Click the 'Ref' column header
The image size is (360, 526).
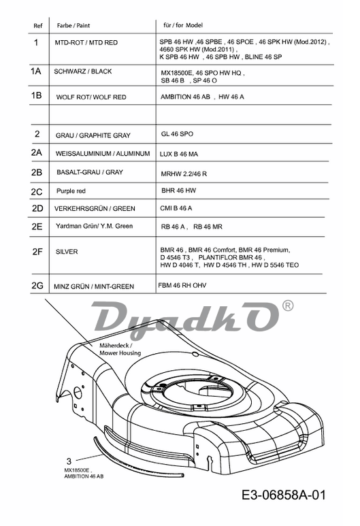(x=38, y=26)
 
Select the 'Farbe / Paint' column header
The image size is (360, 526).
(x=73, y=25)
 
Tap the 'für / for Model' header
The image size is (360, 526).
(x=183, y=25)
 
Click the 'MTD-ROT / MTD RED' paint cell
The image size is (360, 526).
(x=86, y=43)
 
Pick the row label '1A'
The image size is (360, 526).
(x=35, y=71)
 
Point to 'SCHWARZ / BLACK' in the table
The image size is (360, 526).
(x=83, y=71)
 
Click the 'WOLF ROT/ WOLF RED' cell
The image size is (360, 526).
(x=91, y=97)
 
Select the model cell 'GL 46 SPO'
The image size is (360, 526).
(x=177, y=134)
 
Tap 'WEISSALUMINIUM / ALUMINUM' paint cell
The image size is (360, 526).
(x=103, y=154)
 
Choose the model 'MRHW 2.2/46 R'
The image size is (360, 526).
(x=184, y=174)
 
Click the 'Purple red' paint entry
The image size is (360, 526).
(x=71, y=191)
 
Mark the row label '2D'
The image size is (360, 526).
(x=37, y=209)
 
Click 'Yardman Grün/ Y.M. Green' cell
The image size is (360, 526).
(x=95, y=226)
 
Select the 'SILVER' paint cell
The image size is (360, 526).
(x=67, y=252)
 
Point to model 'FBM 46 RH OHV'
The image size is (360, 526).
(x=182, y=286)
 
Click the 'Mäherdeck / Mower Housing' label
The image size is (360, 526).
(x=120, y=349)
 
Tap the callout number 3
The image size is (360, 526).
(x=69, y=461)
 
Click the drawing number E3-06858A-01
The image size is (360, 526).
(x=284, y=495)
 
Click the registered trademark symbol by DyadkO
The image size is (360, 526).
(x=288, y=306)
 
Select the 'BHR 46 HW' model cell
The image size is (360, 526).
(x=178, y=191)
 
